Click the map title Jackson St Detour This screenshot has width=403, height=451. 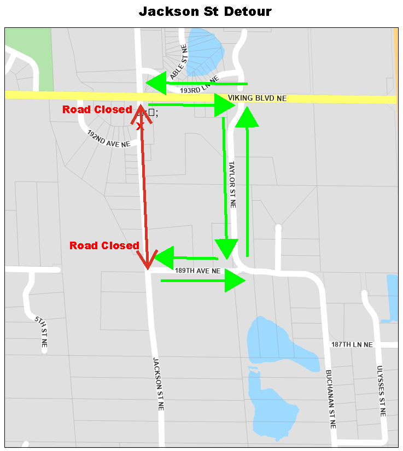(205, 11)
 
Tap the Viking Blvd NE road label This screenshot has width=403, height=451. (257, 98)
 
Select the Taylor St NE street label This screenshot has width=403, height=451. (232, 184)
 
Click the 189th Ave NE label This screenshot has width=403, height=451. (197, 271)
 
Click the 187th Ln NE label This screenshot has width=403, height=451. (352, 345)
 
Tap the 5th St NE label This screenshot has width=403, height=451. (41, 332)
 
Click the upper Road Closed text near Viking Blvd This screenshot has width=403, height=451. (97, 110)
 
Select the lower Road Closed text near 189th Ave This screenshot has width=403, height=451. (104, 246)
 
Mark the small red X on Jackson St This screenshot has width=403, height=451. (139, 126)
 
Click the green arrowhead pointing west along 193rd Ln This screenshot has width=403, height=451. (156, 83)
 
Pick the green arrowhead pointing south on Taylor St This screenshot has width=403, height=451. (226, 249)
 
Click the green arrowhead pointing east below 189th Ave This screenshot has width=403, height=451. (235, 281)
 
